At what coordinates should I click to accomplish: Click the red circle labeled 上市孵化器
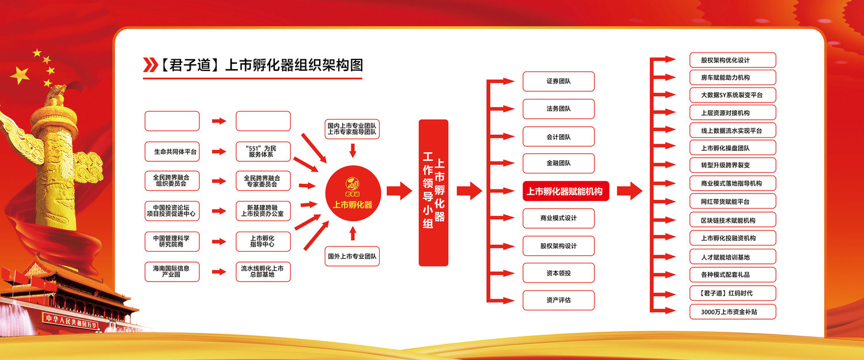pos(353,194)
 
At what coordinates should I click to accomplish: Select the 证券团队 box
pos(559,81)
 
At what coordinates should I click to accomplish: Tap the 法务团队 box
pos(559,109)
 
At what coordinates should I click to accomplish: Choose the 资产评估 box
pos(559,300)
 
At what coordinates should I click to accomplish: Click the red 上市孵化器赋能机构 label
pos(566,191)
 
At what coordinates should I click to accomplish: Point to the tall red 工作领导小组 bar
pos(434,192)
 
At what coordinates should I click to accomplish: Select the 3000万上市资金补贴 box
pos(733,312)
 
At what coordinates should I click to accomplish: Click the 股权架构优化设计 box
pos(733,60)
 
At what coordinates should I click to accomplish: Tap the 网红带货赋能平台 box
pos(733,202)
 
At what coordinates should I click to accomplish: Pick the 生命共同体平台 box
pos(172,151)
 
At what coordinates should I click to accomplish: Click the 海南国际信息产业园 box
pos(172,272)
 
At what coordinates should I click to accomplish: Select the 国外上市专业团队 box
pos(352,256)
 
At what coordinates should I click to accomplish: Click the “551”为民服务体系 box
pos(263,151)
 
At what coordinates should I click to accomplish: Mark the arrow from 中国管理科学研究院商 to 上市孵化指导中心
pos(219,241)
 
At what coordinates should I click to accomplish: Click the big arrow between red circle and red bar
pos(400,191)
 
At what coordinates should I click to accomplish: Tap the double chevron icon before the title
pos(150,65)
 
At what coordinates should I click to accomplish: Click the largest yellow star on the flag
pos(20,75)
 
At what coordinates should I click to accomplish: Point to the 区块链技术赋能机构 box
pos(733,220)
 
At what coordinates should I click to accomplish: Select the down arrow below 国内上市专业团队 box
pos(353,150)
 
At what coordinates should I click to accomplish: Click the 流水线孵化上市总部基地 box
pos(263,272)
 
